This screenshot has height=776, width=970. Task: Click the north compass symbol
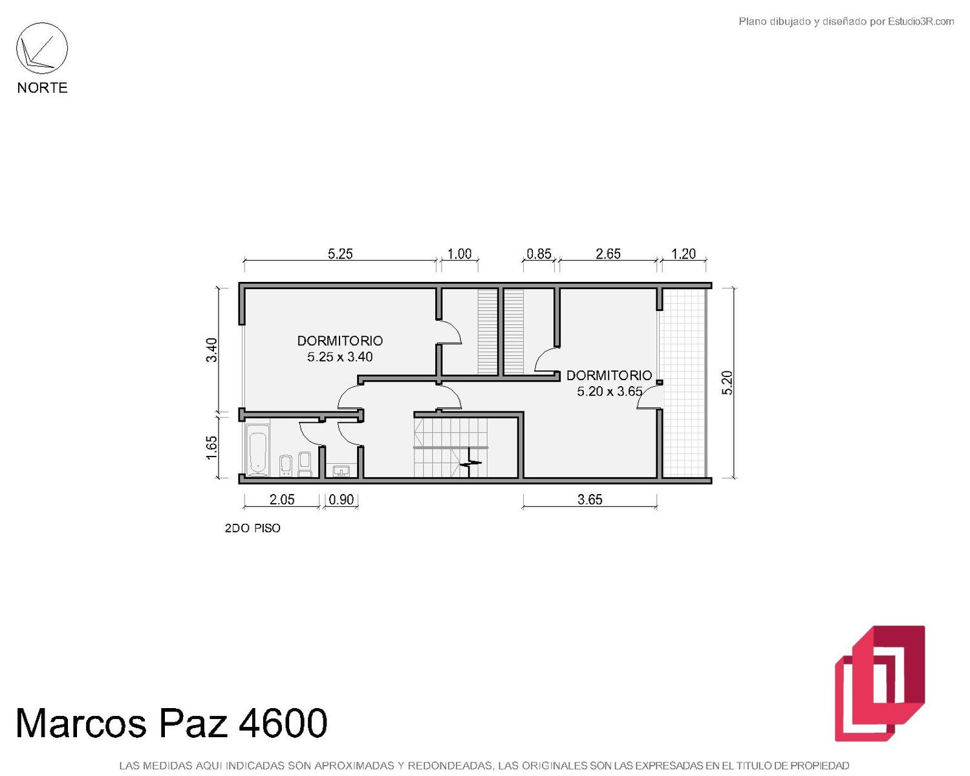[42, 48]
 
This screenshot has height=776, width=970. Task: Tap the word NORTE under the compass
[43, 88]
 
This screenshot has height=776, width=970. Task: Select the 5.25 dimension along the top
[340, 254]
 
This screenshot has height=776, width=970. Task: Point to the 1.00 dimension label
[459, 254]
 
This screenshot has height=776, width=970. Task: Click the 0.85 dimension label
[539, 254]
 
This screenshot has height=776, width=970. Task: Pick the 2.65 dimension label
[608, 254]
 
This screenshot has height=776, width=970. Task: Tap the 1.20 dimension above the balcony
[684, 254]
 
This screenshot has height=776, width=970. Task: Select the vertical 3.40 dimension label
[211, 350]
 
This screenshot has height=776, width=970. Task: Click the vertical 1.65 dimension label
[211, 447]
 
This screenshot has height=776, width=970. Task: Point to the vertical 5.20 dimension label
[727, 383]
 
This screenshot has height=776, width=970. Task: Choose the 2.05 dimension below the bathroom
[282, 500]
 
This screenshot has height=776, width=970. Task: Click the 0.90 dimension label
[341, 500]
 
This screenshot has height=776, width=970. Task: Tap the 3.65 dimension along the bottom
[590, 500]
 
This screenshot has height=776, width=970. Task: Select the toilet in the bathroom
[305, 464]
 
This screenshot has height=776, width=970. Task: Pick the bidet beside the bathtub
[286, 466]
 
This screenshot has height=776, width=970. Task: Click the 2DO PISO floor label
[252, 528]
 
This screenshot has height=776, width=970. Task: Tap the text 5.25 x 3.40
[340, 357]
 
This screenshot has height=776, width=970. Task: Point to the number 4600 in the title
[283, 723]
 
